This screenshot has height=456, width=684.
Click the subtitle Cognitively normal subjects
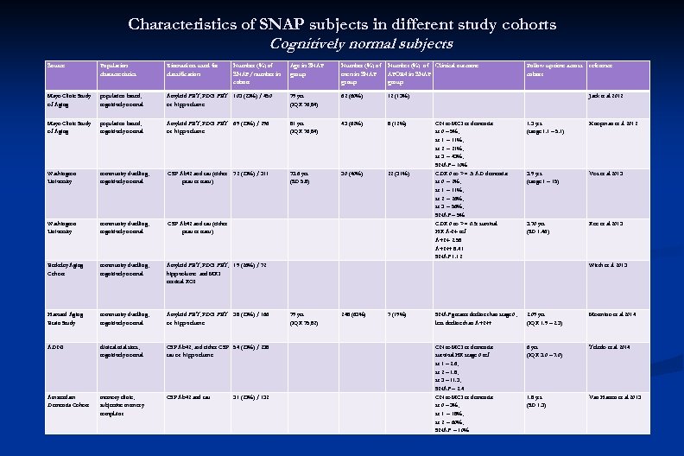coord(361,43)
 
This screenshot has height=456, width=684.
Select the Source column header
coord(56,66)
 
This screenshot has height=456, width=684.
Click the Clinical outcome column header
coord(457,66)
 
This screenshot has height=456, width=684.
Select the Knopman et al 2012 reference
coord(611,123)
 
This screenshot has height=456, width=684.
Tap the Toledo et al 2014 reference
coord(611,346)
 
